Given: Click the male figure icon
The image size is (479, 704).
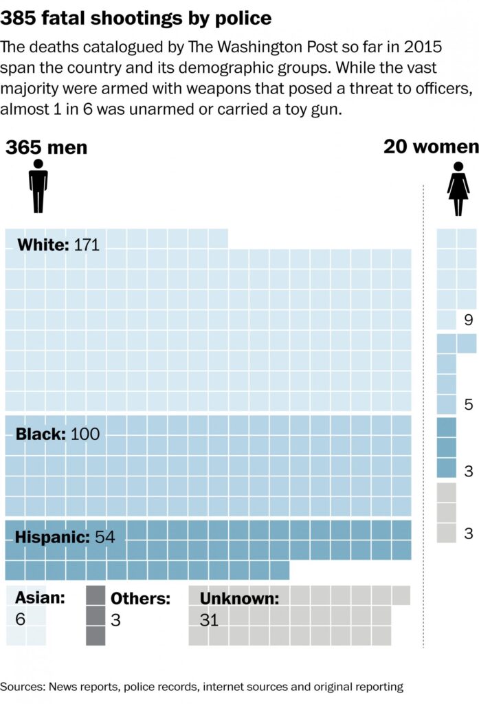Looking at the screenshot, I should (x=38, y=186).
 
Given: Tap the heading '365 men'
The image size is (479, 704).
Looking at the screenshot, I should (x=47, y=148).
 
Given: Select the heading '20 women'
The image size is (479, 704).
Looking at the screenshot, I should (x=431, y=146).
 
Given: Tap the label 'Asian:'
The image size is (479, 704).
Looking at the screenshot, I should (x=40, y=597).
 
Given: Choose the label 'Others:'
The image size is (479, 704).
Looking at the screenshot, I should (x=140, y=599).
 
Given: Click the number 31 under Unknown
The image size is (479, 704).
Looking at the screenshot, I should (x=209, y=619).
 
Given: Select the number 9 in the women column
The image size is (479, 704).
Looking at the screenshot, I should (x=468, y=320).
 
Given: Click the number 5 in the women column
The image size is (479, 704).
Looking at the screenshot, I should (x=468, y=405).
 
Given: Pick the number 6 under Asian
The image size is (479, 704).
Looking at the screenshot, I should (x=20, y=619).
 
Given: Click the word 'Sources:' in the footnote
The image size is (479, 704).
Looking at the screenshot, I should (x=21, y=686).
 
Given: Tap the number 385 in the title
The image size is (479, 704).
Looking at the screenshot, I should (x=21, y=18).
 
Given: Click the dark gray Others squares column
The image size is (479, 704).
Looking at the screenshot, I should (x=96, y=615).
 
